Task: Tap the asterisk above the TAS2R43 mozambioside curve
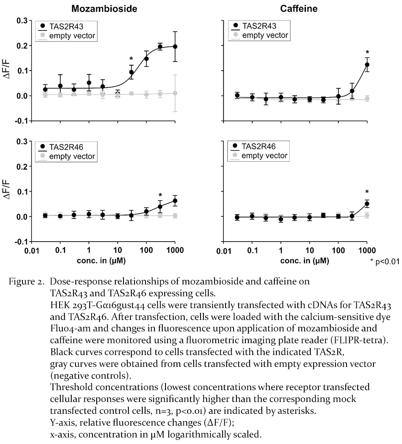click(131, 59)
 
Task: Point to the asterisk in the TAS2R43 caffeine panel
click(367, 53)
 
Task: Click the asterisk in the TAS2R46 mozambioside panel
click(160, 195)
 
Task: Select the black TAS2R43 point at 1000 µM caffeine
click(367, 64)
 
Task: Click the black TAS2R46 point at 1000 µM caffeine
click(367, 204)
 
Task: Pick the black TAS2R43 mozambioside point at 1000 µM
click(175, 47)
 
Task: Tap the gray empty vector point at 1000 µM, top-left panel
click(175, 93)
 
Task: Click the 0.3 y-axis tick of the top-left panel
click(22, 20)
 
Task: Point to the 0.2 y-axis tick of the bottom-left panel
click(22, 166)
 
